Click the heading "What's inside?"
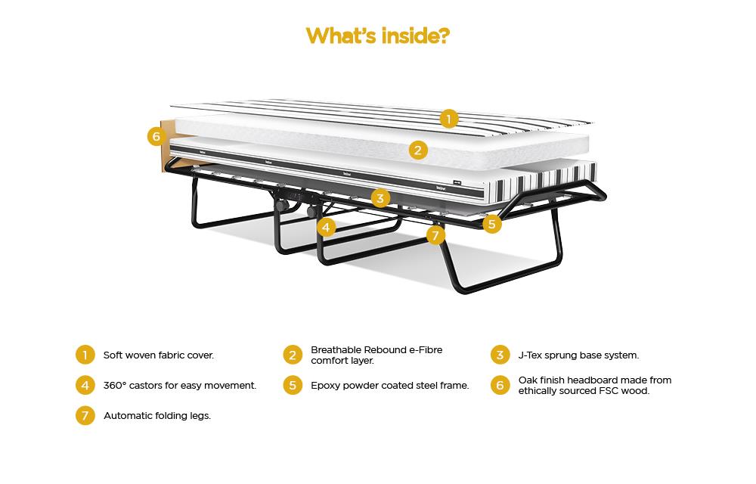[377, 36]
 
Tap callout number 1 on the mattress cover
[449, 119]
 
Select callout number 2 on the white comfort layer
[418, 150]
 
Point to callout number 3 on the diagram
[380, 199]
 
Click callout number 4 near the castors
[327, 226]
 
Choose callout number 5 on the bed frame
[492, 223]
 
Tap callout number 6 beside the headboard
[156, 136]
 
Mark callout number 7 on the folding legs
[435, 235]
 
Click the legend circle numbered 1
[85, 355]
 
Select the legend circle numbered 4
[85, 385]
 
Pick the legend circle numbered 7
[85, 416]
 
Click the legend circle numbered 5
[293, 385]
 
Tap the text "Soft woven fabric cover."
[159, 355]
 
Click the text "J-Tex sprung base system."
[578, 355]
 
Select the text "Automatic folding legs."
[157, 416]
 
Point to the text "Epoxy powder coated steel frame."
[390, 385]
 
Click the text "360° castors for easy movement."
[180, 385]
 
